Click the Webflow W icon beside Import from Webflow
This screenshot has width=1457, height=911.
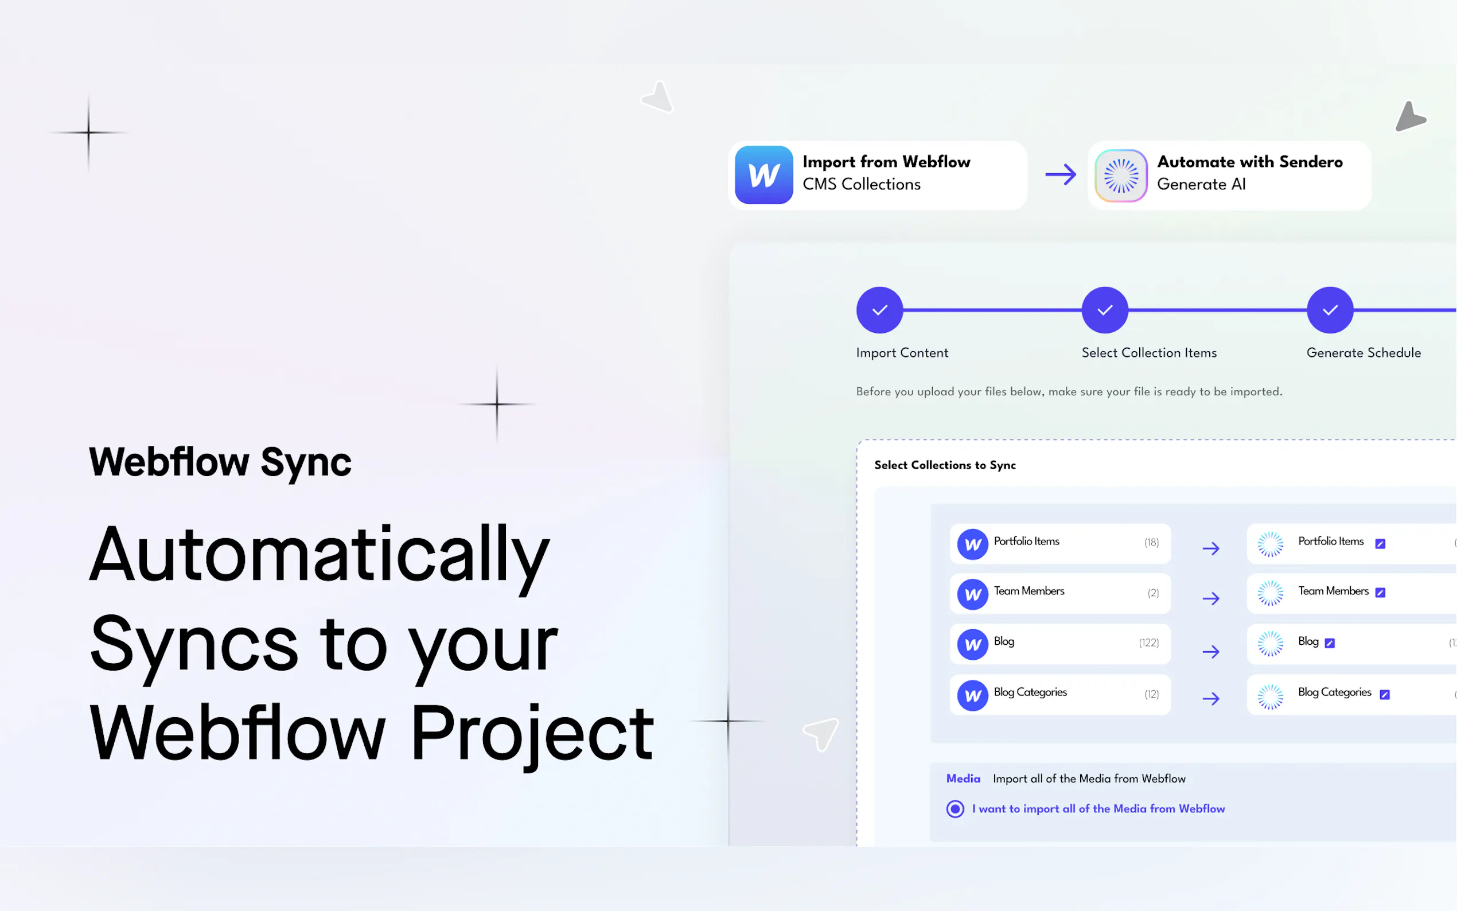pyautogui.click(x=763, y=175)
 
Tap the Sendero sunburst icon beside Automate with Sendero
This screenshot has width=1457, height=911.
pyautogui.click(x=1121, y=176)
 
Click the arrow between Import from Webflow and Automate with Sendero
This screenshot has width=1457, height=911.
pyautogui.click(x=1061, y=175)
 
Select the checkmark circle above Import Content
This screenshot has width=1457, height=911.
pyautogui.click(x=879, y=310)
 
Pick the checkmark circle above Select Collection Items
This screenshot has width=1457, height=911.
pyautogui.click(x=1105, y=310)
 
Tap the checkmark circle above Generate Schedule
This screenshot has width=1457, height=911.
pyautogui.click(x=1330, y=310)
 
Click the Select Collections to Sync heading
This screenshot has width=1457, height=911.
pyautogui.click(x=945, y=465)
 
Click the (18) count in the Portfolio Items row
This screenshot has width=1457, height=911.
pyautogui.click(x=1152, y=542)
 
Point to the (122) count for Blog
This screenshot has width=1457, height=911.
pyautogui.click(x=1148, y=643)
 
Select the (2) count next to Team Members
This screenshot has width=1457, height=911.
pyautogui.click(x=1154, y=593)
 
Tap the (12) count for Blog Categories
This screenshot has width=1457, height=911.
pyautogui.click(x=1152, y=694)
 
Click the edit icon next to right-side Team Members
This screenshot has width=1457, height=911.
pyautogui.click(x=1381, y=593)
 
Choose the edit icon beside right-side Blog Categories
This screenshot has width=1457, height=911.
pyautogui.click(x=1385, y=695)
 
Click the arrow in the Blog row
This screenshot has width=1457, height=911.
pyautogui.click(x=1211, y=651)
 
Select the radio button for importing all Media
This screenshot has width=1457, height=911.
pyautogui.click(x=955, y=808)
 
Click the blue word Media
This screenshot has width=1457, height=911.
pyautogui.click(x=963, y=778)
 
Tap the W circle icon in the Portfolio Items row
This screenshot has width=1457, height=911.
pyautogui.click(x=973, y=544)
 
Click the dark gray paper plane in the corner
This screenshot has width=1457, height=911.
pyautogui.click(x=1409, y=116)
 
